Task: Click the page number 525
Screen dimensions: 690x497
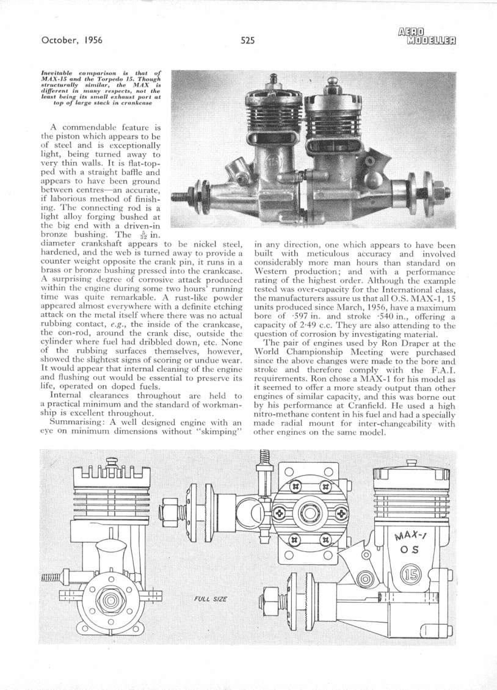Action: [247, 41]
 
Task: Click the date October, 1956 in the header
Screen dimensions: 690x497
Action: [71, 41]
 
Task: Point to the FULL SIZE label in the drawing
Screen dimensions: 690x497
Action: [211, 598]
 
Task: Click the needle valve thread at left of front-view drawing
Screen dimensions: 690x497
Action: [51, 577]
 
